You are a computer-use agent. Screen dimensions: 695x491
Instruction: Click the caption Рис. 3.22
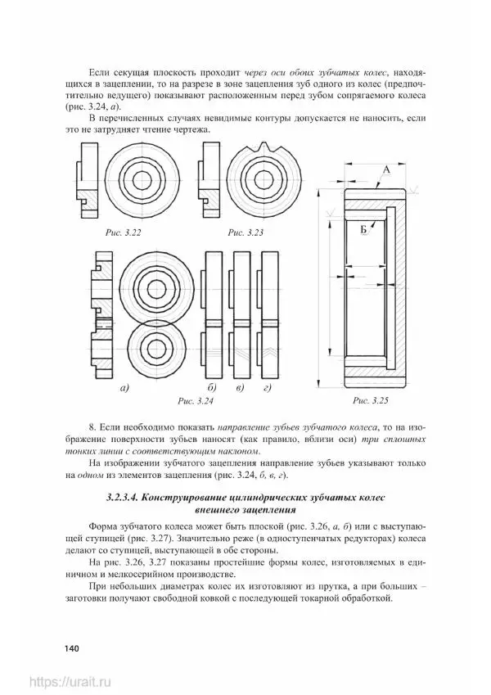point(124,233)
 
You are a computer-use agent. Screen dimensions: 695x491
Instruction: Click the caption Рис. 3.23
point(246,233)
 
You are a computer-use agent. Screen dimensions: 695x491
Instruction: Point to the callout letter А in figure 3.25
point(385,169)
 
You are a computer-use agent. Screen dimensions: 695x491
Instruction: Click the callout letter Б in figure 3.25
point(362,232)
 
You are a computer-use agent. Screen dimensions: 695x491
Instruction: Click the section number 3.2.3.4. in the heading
point(134,498)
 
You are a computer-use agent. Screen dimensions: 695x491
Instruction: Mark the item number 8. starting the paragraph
point(90,427)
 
